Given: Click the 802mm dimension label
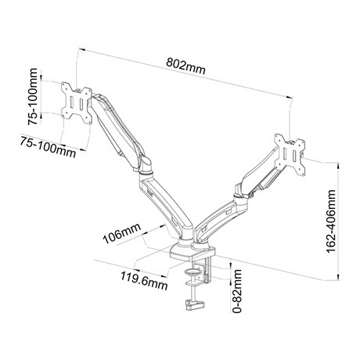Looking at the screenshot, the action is tap(185, 66).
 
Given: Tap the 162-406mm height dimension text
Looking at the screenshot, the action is tap(330, 221).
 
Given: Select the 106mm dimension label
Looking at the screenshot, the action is tap(121, 233).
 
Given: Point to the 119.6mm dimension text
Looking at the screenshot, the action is tap(144, 280).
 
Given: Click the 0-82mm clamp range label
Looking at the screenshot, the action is tap(237, 291).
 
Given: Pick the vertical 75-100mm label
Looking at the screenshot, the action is tap(33, 96).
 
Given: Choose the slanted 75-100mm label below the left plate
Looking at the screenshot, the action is tap(49, 147).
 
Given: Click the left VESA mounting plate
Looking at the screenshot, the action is tap(77, 103).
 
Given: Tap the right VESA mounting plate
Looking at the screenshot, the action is tap(290, 155).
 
